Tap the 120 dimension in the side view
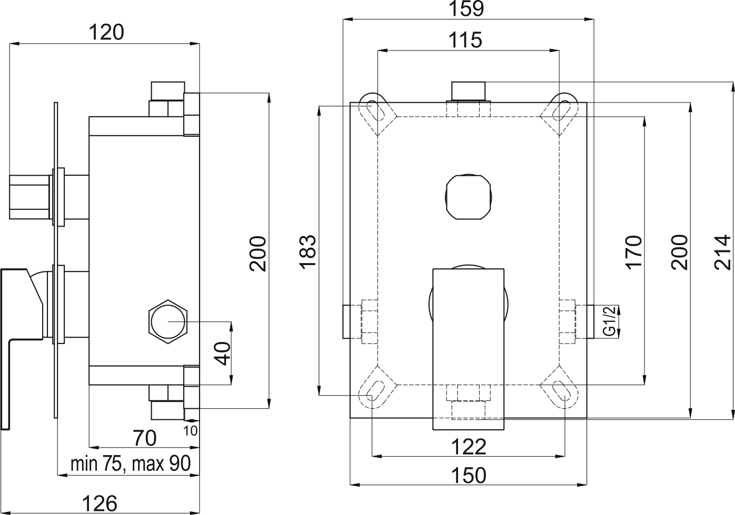click(105, 33)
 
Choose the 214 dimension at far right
click(724, 251)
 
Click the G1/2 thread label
click(609, 321)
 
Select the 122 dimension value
click(469, 447)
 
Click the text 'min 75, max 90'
click(130, 464)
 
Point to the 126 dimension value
click(101, 503)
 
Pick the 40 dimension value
click(223, 353)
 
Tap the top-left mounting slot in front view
click(377, 111)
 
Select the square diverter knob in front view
click(469, 196)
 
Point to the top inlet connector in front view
click(468, 91)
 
